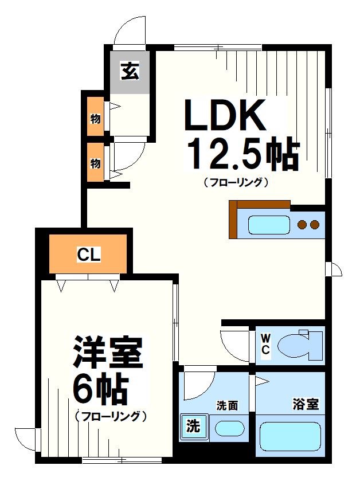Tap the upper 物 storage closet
[95, 119]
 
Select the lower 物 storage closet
[95, 163]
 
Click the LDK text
[225, 117]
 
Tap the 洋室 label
[107, 354]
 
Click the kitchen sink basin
[267, 224]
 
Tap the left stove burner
[302, 224]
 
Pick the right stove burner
[314, 224]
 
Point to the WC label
[266, 342]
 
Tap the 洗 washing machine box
[194, 427]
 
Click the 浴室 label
[305, 404]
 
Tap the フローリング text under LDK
[236, 183]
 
